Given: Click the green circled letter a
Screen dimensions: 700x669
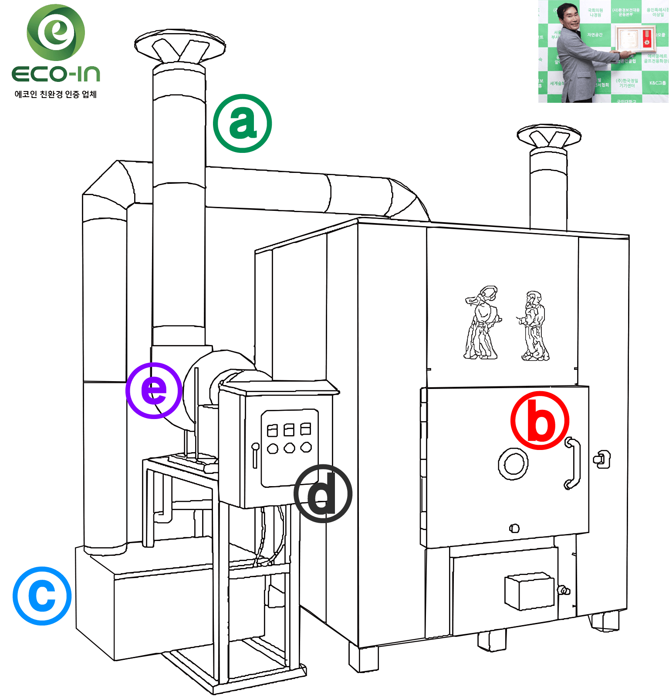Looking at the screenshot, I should click(x=242, y=123).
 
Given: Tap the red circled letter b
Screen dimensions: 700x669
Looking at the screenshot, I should click(x=540, y=420).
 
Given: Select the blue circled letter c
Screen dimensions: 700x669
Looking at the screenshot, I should click(x=42, y=595).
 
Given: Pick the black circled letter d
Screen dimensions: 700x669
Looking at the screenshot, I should click(x=323, y=494).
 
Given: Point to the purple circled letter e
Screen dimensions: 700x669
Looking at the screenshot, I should click(x=154, y=390).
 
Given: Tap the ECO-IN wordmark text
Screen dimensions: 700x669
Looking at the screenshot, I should click(x=56, y=74).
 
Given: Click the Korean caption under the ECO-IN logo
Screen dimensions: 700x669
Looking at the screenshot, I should click(x=56, y=94).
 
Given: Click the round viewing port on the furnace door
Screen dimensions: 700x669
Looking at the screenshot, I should click(x=513, y=464).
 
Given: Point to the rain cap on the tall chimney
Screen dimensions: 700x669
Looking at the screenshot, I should click(x=179, y=46).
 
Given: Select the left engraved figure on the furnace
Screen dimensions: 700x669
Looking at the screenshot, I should click(x=481, y=323).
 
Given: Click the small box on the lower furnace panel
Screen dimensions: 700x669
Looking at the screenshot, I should click(x=530, y=591).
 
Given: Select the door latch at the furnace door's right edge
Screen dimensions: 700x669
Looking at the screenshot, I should click(x=601, y=459).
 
